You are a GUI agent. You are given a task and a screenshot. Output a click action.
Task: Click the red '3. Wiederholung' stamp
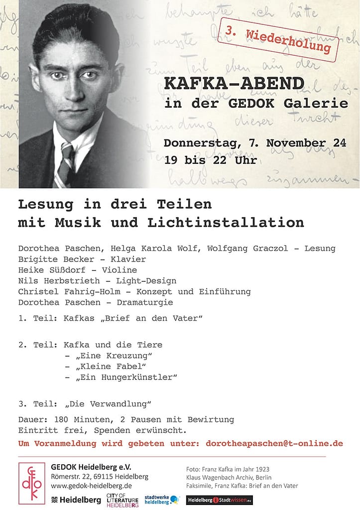[278, 39]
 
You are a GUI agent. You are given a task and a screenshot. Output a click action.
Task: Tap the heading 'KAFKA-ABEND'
[234, 84]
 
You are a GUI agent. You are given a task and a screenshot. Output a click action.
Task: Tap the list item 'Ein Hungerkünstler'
[127, 377]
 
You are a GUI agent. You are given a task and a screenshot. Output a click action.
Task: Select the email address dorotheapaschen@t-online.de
[274, 443]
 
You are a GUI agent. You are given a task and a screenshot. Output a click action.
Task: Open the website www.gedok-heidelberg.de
[91, 486]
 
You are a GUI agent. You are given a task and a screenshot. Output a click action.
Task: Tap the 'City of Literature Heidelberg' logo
[122, 500]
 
